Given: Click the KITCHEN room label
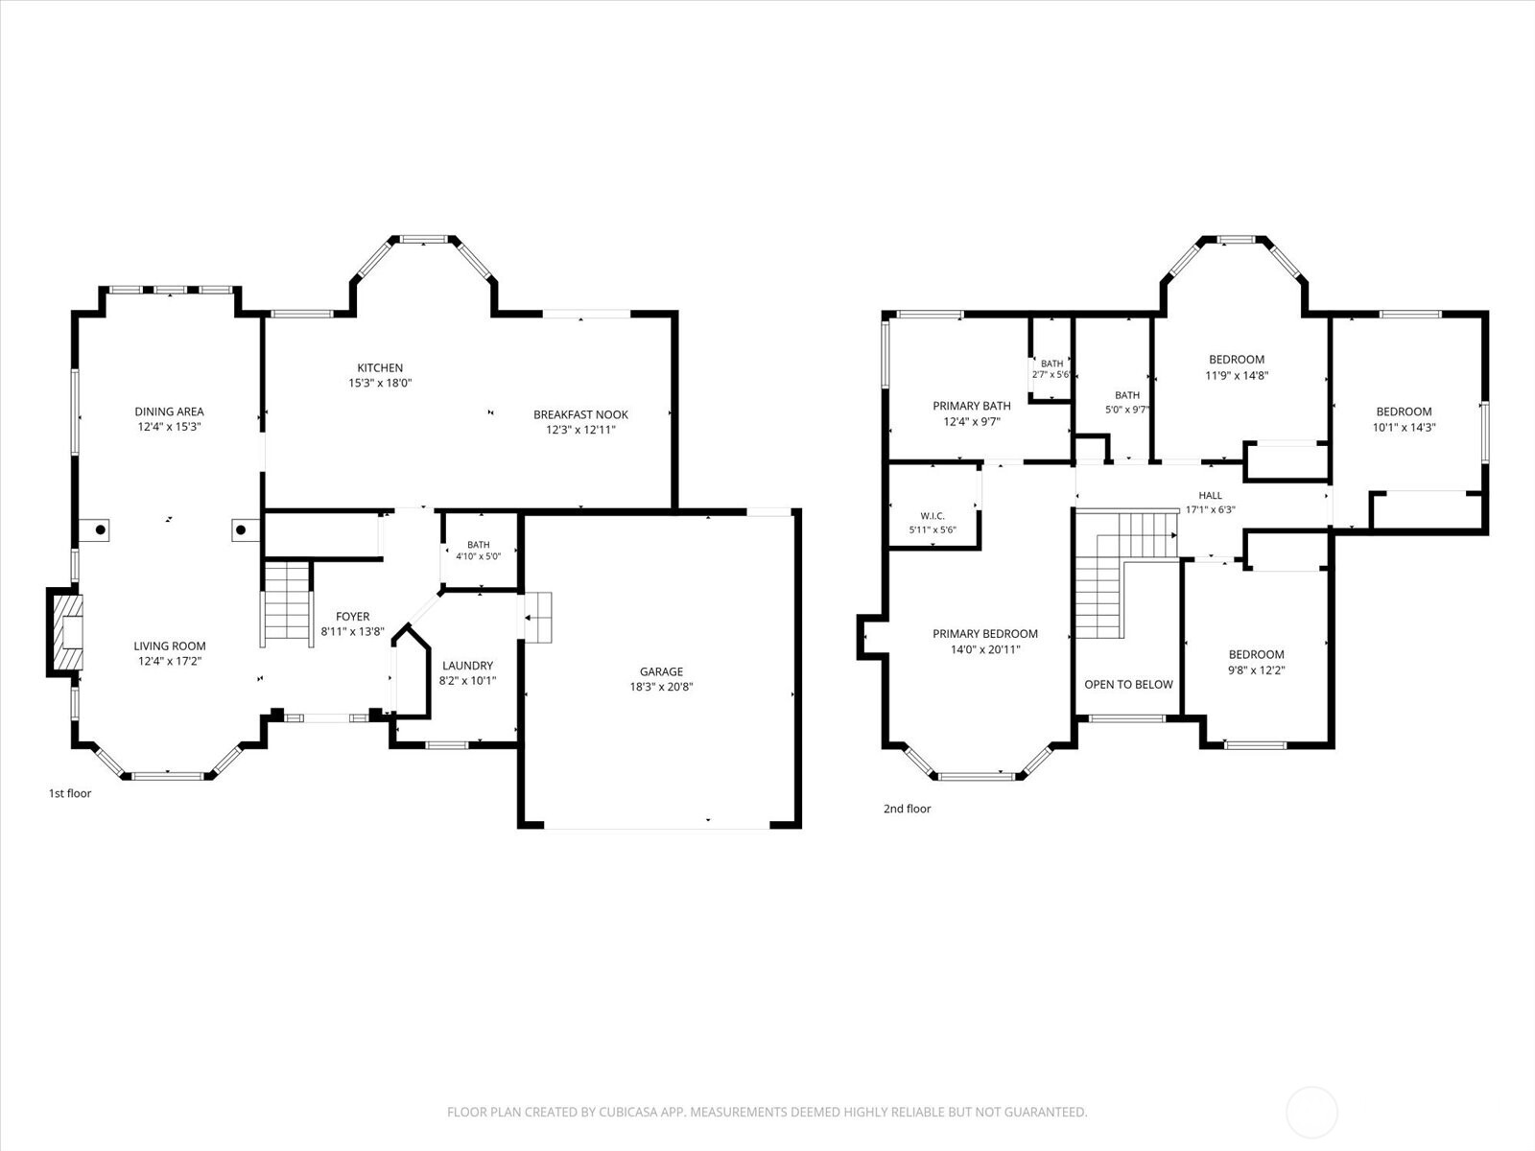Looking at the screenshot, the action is (x=380, y=367).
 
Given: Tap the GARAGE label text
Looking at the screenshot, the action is (x=661, y=671).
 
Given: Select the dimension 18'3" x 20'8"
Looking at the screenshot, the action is (x=661, y=686).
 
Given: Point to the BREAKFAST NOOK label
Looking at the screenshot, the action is (x=580, y=414).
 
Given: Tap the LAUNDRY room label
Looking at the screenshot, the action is (x=467, y=666).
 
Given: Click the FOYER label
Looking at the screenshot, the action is (x=352, y=617).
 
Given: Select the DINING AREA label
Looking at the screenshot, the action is (x=169, y=411).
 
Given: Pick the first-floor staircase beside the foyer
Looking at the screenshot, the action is (x=287, y=602).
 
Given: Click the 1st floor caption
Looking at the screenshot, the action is (x=70, y=793).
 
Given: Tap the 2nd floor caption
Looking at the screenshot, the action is (x=907, y=809).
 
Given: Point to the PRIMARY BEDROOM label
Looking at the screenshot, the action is (x=984, y=634).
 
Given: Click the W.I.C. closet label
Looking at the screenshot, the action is (x=933, y=516).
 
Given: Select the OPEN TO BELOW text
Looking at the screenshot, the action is (x=1128, y=684).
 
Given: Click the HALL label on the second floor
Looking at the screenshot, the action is (x=1210, y=496).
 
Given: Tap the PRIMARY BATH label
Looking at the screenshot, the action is (x=971, y=406).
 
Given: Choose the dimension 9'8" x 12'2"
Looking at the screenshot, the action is (x=1256, y=669).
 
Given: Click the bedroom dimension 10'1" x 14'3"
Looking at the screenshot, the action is (x=1404, y=427).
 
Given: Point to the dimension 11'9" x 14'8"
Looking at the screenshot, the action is (x=1237, y=375).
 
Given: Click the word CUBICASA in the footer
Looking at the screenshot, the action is (x=628, y=1112).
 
